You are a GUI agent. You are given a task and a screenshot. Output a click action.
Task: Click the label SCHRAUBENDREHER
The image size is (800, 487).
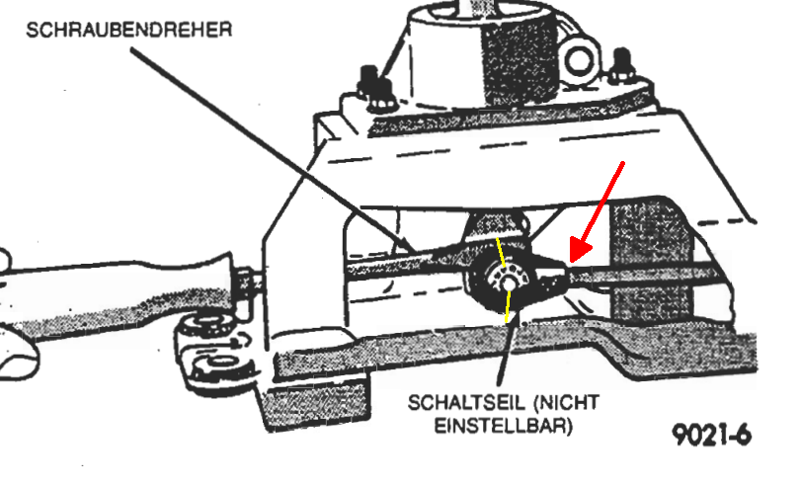[129, 30]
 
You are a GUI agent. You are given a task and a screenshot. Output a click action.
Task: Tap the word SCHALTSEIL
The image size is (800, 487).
[466, 403]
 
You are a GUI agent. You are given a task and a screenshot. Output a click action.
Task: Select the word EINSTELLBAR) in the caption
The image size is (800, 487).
[504, 425]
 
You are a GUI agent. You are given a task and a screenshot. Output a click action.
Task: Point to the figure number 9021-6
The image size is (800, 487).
[712, 436]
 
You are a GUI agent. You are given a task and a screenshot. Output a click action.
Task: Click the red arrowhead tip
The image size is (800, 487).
[571, 263]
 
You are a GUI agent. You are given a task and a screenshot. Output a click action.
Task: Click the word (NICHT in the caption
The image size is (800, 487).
[566, 403]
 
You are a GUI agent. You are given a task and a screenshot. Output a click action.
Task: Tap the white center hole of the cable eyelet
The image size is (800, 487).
[508, 284]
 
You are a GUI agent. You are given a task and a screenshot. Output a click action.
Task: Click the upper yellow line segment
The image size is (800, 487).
[502, 252]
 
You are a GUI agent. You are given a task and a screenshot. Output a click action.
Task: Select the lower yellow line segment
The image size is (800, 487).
[508, 307]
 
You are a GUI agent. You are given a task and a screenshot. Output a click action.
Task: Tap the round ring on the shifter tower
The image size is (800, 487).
[579, 60]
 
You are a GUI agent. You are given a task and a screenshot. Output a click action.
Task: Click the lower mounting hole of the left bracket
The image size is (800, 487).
[220, 362]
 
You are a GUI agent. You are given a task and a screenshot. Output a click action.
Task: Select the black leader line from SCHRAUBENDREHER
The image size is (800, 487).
[273, 150]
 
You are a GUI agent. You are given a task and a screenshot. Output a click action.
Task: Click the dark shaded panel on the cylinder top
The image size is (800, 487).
[517, 60]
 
